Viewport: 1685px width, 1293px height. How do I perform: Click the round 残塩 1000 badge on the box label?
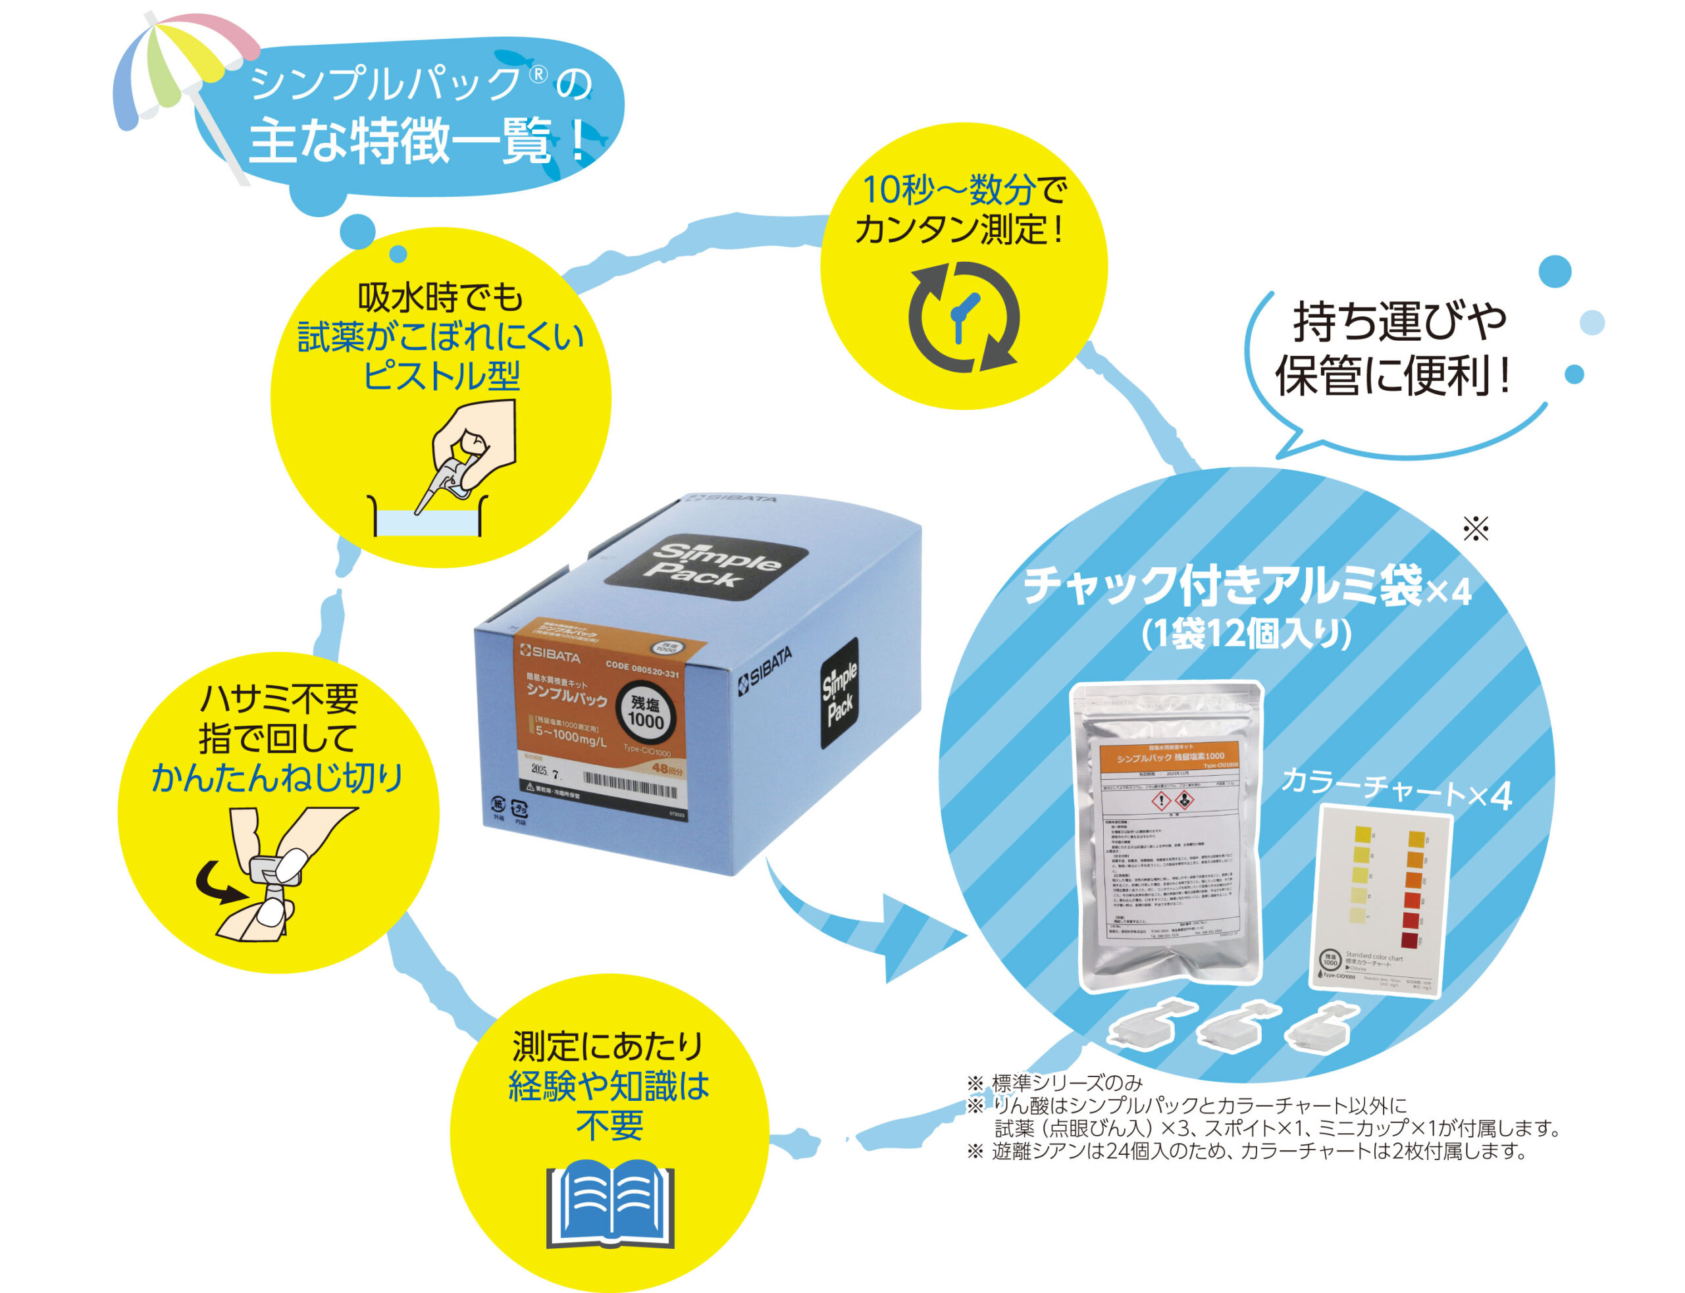(x=645, y=714)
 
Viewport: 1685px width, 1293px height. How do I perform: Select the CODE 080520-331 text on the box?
(x=642, y=670)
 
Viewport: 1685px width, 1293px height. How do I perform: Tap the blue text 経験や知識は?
(x=608, y=1086)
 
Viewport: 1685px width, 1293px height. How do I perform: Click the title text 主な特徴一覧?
(x=416, y=141)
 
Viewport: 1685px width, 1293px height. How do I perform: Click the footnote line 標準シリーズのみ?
(x=1066, y=1084)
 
